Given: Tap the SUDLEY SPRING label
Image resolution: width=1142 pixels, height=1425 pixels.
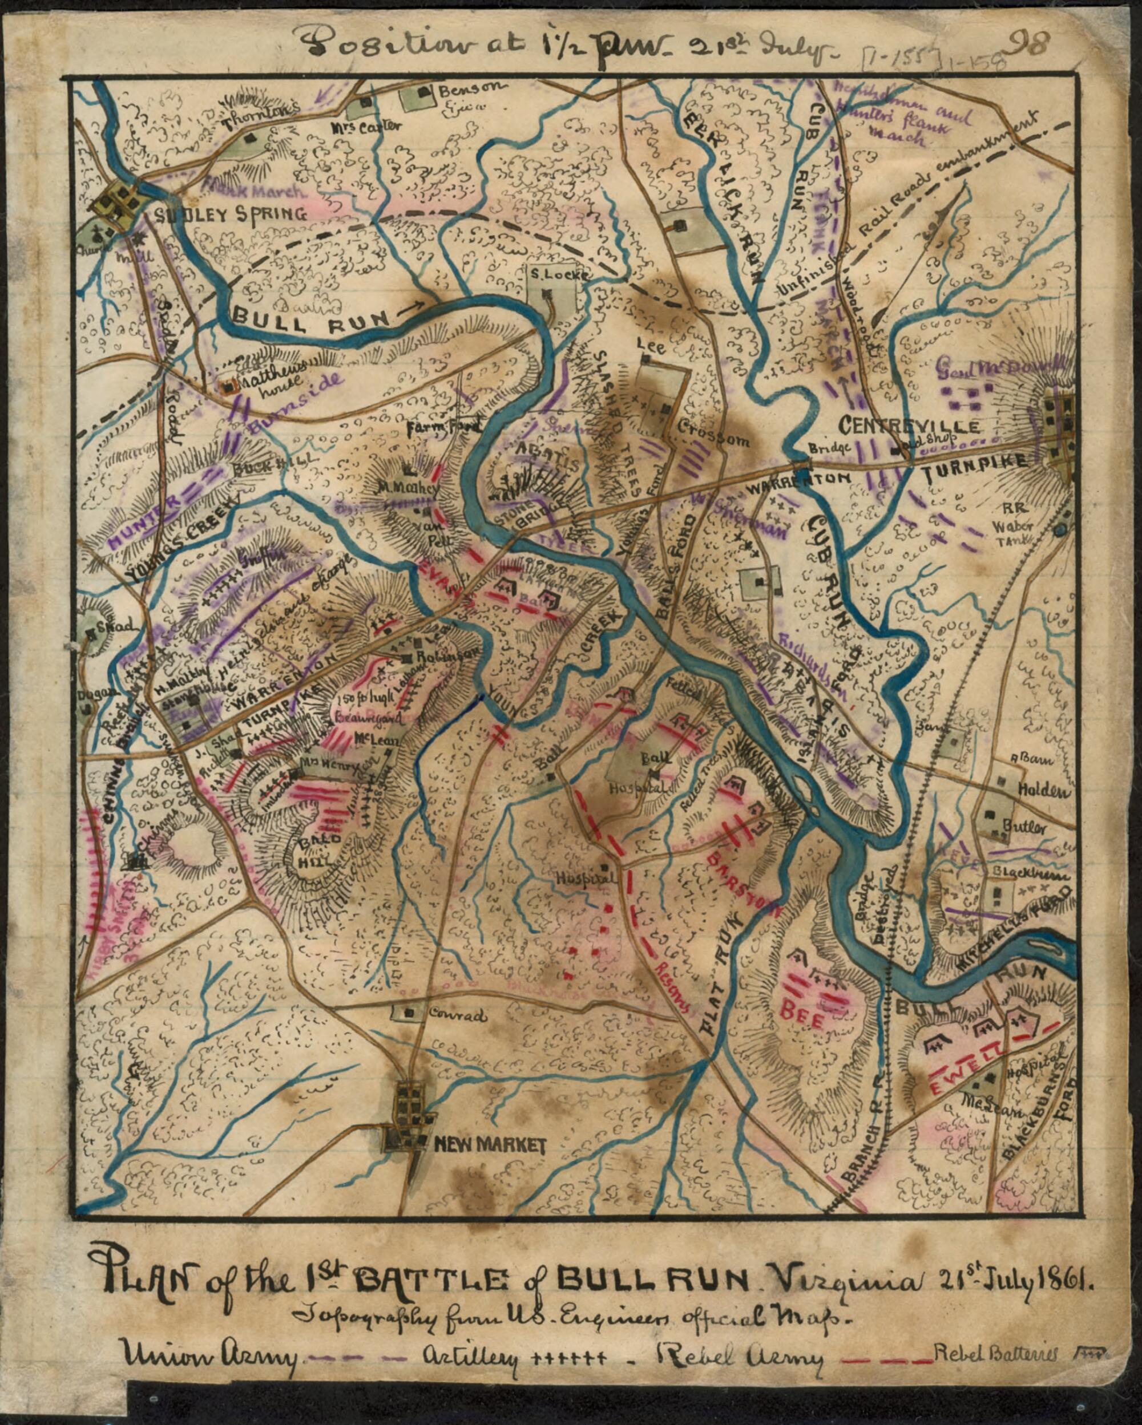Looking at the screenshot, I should click(x=231, y=213).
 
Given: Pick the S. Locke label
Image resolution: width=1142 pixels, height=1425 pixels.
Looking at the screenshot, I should click(x=558, y=274).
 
